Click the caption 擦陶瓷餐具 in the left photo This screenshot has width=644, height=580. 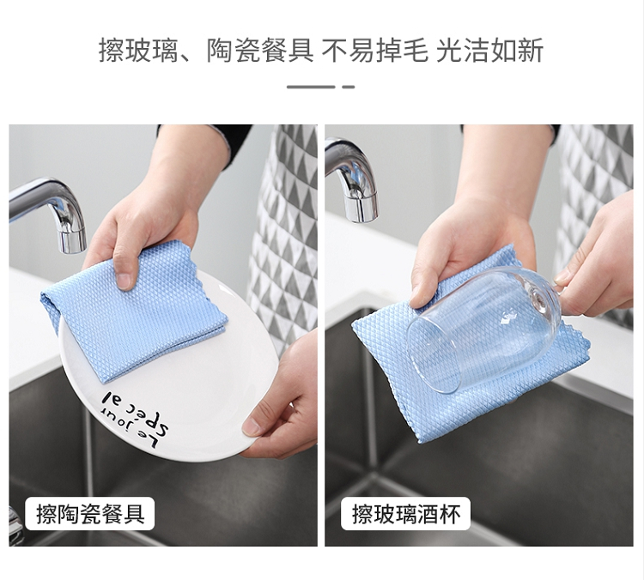coord(90,514)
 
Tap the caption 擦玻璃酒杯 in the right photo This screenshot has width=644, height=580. coord(406,514)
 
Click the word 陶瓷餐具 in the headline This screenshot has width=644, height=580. coord(260,51)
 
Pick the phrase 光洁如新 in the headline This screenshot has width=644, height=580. coord(490,51)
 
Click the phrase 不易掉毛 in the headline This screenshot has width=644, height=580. coord(374,51)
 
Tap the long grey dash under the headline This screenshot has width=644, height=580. coord(311,87)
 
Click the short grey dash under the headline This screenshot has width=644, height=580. coord(349,87)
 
